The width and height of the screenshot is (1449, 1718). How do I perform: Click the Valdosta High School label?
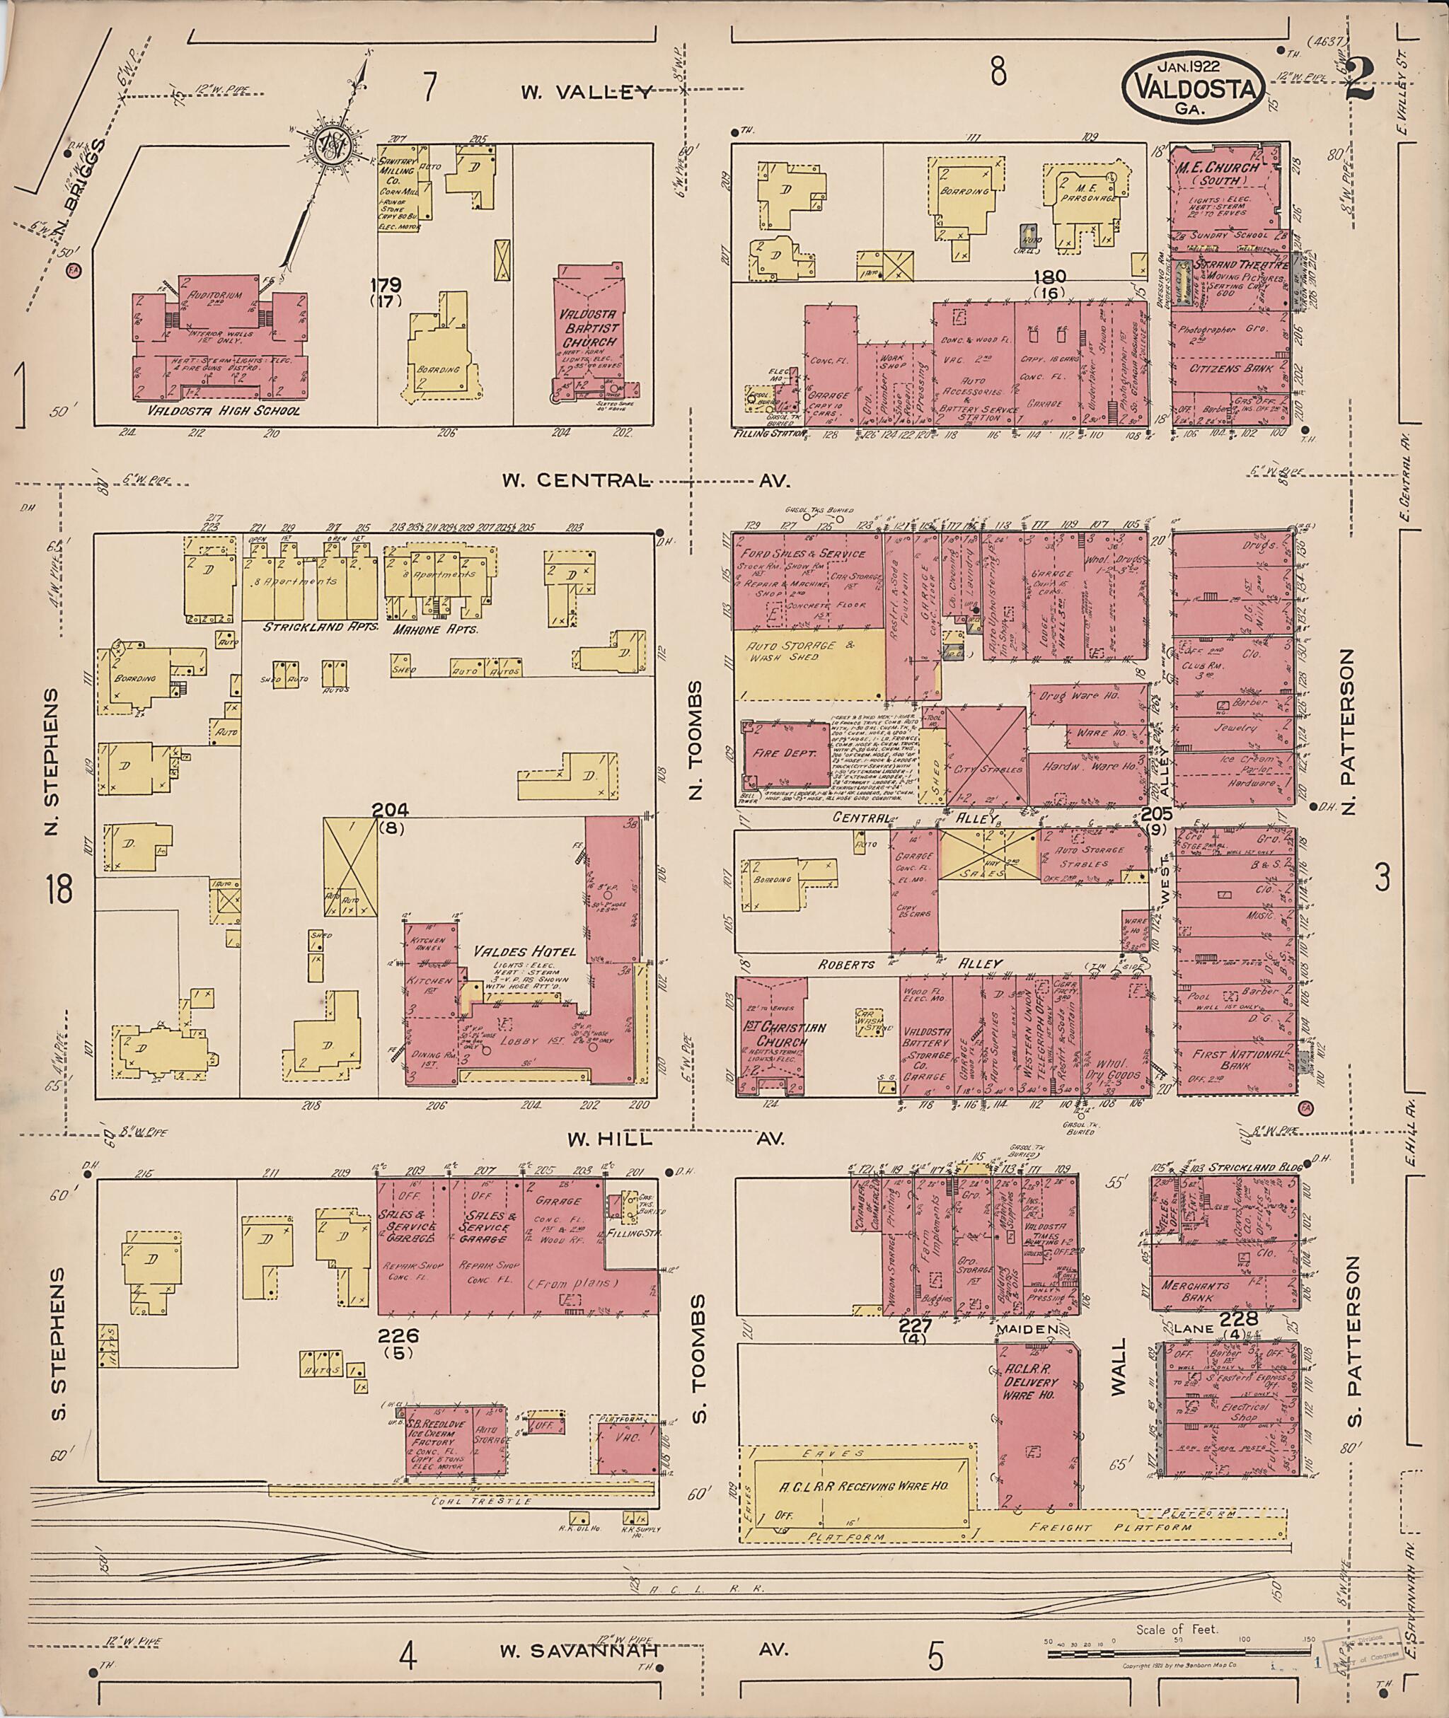point(224,412)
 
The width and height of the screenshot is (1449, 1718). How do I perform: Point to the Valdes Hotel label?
point(525,952)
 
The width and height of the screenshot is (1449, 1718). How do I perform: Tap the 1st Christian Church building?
point(770,1035)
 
